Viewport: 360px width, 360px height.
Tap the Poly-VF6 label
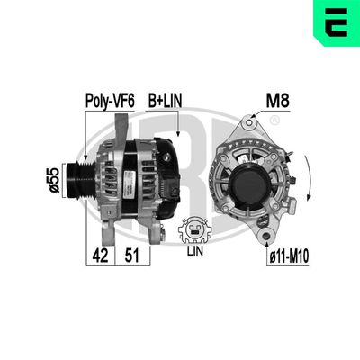(x=110, y=102)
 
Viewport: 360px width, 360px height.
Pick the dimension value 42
(x=100, y=255)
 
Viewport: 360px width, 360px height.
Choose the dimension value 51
(x=130, y=255)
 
